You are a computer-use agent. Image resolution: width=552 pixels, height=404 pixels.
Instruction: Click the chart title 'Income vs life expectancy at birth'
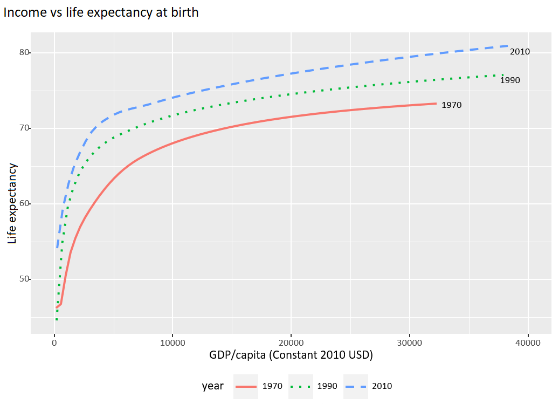pos(101,12)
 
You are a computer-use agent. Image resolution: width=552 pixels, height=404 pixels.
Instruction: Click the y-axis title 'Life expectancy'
pos(12,203)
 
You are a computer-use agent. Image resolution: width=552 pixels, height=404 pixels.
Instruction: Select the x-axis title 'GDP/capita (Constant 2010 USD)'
pos(291,356)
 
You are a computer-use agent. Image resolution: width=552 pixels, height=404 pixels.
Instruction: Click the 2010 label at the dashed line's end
pos(520,52)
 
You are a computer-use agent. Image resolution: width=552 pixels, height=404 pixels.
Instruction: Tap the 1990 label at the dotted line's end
pos(510,80)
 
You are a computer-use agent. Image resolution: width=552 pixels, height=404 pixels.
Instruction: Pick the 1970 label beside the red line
pos(451,105)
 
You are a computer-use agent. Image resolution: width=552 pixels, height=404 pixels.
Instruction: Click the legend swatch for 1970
pos(246,387)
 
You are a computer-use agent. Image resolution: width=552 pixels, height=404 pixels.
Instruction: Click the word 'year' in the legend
pos(212,386)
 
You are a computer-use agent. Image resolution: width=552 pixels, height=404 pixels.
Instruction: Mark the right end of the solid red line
pos(436,103)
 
